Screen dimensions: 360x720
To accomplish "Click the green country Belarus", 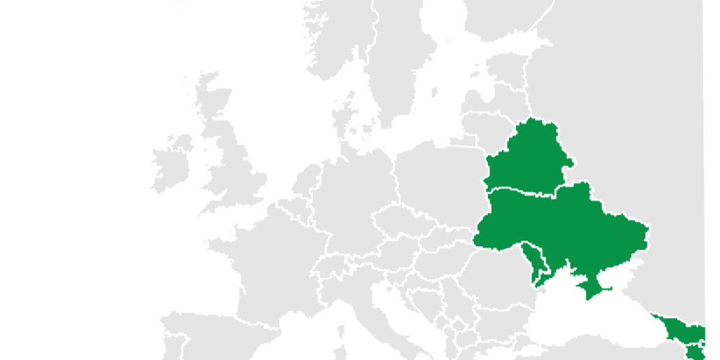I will click(x=527, y=158).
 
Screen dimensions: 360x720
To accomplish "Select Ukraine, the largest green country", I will click(x=562, y=225).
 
